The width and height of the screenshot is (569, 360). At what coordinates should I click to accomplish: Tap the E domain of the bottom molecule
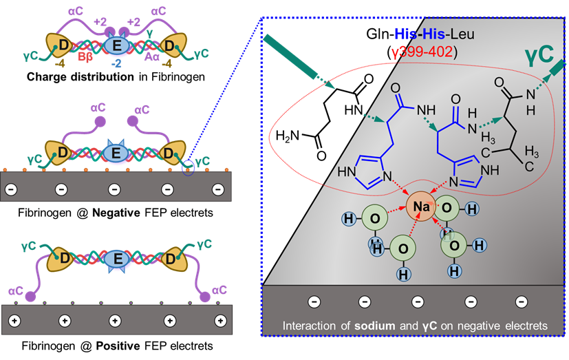(x=118, y=259)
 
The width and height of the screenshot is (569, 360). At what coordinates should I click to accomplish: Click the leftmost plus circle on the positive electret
(x=13, y=321)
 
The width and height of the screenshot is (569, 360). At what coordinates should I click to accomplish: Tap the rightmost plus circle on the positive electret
(x=219, y=321)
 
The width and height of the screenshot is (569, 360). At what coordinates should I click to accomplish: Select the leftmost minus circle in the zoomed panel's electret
(x=314, y=301)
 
